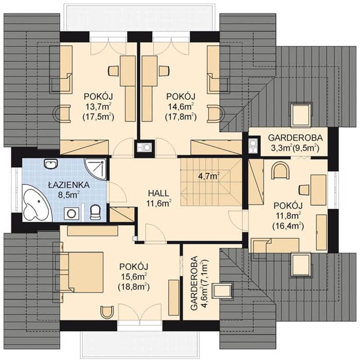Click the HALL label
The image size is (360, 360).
(x=158, y=193)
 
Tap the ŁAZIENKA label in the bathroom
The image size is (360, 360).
(x=69, y=185)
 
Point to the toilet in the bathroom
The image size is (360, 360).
(x=95, y=212)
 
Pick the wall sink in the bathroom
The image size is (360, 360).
(x=50, y=164)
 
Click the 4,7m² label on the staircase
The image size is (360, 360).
(x=208, y=176)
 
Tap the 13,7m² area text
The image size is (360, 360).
(x=99, y=106)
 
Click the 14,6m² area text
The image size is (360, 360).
(x=181, y=106)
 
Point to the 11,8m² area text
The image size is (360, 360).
(x=288, y=216)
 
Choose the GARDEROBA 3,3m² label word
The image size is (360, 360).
(x=295, y=138)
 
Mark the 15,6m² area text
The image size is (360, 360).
(x=134, y=277)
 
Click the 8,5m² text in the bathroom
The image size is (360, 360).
(x=69, y=195)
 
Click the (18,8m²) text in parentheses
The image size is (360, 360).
(x=134, y=287)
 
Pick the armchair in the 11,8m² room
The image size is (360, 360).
(x=281, y=171)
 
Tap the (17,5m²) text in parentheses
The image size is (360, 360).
(x=99, y=117)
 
